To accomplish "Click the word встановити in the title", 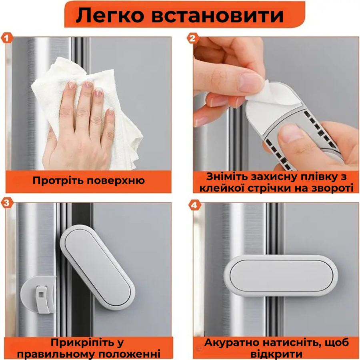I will tap(218, 16).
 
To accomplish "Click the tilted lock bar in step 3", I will tap(98, 266).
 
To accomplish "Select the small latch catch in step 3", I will tap(40, 296).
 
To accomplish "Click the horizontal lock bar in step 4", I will tap(282, 276).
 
